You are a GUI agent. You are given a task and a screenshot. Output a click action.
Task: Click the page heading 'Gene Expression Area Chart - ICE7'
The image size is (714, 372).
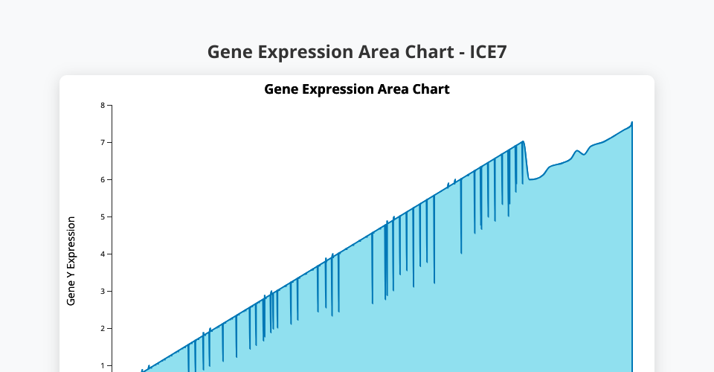coord(357,52)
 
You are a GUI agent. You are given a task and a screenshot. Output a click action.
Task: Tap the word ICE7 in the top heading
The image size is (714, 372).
coord(488,52)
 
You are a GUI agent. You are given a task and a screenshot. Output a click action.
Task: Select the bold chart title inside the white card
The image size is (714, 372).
coord(357,89)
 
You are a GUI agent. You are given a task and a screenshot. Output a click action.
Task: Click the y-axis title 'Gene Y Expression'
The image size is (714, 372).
coord(71,261)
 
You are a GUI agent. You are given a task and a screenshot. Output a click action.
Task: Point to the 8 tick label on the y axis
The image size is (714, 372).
coord(103,106)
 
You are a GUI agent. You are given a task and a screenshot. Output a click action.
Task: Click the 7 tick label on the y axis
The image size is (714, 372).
coord(103,143)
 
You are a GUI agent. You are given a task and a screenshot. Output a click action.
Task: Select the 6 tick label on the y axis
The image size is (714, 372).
coord(103,180)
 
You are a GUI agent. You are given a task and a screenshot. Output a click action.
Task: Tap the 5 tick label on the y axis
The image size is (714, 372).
coord(103,217)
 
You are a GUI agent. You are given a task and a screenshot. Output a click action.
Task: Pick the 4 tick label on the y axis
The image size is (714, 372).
coord(103,254)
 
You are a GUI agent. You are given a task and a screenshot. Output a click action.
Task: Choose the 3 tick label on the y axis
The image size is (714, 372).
coord(103,292)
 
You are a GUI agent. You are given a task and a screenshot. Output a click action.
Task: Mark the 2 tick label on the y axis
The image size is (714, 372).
coord(103,329)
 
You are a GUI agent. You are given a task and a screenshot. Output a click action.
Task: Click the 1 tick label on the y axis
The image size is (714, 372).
coord(103,365)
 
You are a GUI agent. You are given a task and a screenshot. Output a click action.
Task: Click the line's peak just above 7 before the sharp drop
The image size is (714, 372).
coord(523,141)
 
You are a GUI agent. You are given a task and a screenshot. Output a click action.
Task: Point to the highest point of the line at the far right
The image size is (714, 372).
coord(632,122)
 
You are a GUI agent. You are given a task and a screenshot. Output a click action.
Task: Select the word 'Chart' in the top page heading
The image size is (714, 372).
coord(430,52)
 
